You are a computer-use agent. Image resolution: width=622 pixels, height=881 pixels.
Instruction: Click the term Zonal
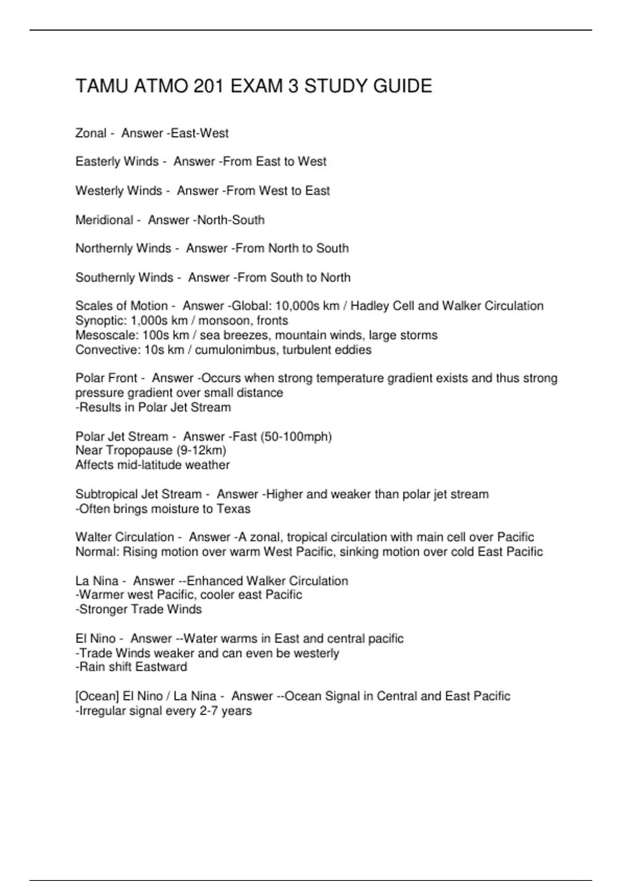coord(91,133)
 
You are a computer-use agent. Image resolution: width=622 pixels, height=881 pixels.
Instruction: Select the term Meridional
coord(104,220)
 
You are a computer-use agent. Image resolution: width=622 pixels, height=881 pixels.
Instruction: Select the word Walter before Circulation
coord(93,537)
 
